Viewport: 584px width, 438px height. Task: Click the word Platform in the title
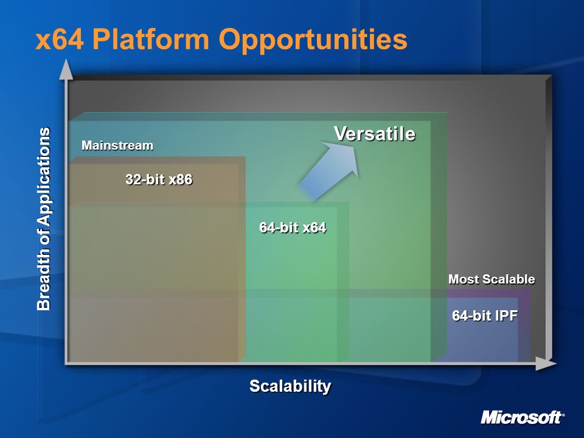151,39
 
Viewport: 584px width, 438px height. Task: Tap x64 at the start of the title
60,40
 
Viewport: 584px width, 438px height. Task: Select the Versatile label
375,133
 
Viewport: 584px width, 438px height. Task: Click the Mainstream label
117,145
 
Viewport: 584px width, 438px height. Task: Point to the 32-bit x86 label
159,179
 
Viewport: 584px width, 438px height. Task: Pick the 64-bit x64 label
293,227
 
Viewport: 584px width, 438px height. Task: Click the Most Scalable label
492,279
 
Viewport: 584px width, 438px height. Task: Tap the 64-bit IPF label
485,316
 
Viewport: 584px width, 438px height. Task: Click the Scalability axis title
290,386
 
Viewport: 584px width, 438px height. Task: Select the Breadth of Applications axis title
44,219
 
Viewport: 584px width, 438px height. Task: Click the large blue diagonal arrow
330,170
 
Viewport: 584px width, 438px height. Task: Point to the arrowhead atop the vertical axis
66,69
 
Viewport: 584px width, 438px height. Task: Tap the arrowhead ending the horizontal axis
546,363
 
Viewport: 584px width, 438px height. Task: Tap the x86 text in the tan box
181,179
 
